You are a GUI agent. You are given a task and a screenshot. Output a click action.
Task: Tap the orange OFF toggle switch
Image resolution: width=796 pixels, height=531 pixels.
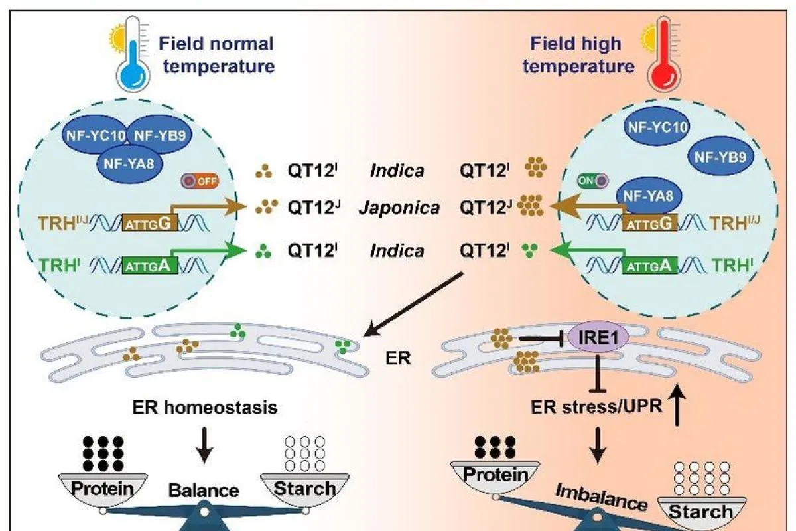200,180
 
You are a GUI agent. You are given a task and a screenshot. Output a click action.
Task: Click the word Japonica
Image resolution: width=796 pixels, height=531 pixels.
399,208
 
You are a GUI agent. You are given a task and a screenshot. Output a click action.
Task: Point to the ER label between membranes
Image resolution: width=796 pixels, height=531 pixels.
399,359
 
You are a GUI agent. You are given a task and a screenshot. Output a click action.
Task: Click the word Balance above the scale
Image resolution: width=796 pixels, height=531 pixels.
204,491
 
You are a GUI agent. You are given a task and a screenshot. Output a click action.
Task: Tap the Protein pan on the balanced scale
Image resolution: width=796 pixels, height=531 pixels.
102,489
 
